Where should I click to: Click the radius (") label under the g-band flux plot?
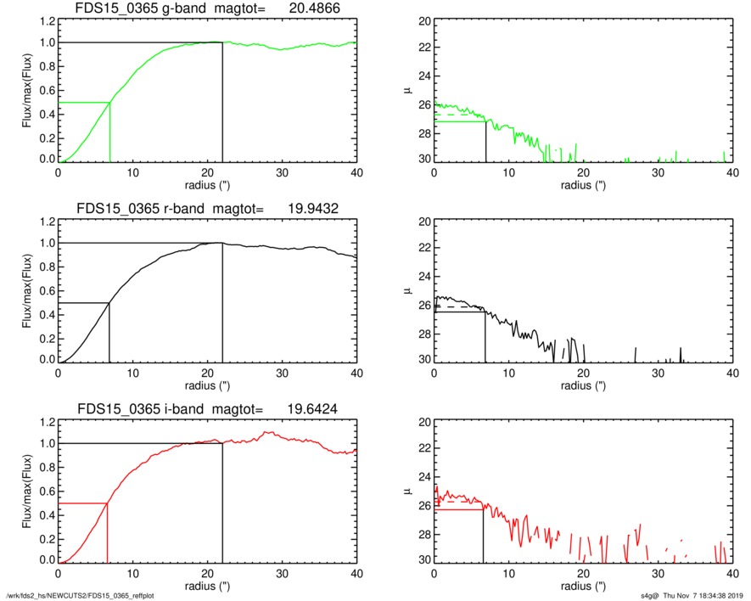tap(207, 184)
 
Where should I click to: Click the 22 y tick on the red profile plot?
tap(417, 448)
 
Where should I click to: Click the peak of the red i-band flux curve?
tap(268, 432)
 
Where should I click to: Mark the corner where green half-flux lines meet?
tap(110, 103)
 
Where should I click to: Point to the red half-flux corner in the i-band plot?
tap(107, 503)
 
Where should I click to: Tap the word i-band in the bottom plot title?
tap(182, 409)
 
